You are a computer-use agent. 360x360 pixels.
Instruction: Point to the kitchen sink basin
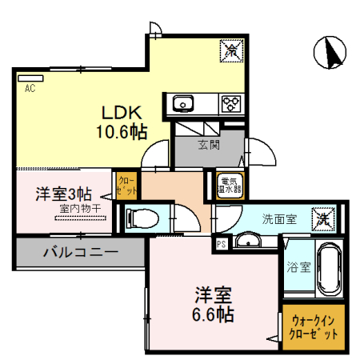pyautogui.click(x=182, y=102)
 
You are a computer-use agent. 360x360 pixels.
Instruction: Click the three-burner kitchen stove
pyautogui.click(x=231, y=102)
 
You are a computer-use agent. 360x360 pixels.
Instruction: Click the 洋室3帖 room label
pyautogui.click(x=62, y=194)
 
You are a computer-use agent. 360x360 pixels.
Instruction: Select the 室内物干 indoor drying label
pyautogui.click(x=79, y=210)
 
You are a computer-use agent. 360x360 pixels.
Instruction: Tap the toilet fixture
pyautogui.click(x=143, y=217)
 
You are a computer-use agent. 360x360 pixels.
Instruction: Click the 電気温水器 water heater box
pyautogui.click(x=230, y=186)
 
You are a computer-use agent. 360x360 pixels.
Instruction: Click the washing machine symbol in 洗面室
pyautogui.click(x=323, y=216)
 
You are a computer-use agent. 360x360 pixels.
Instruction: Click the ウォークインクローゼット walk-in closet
pyautogui.click(x=314, y=326)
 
